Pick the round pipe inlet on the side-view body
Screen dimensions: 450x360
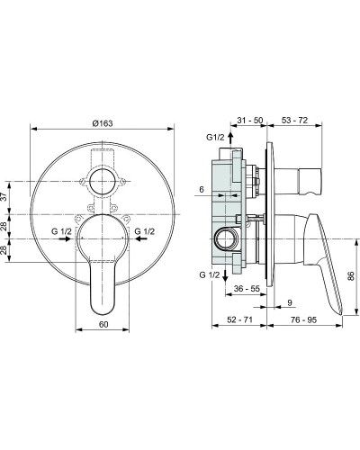(223, 239)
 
